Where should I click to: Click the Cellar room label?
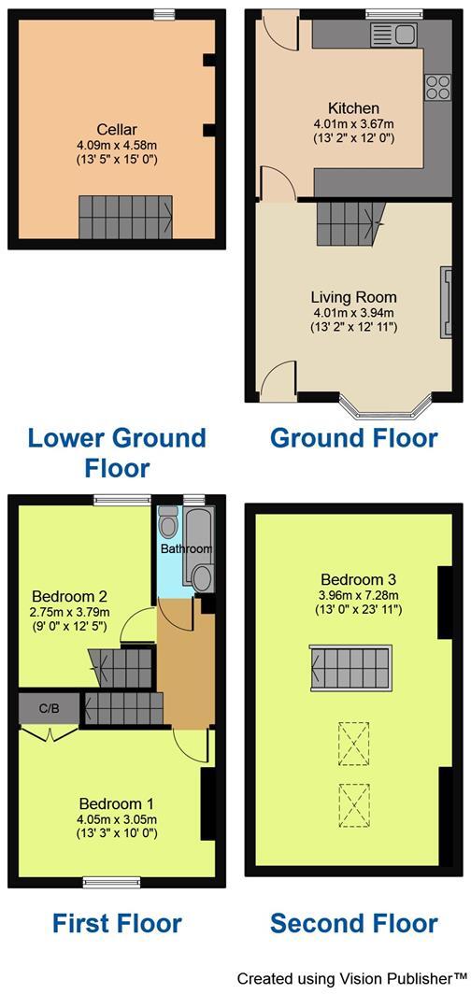(117, 130)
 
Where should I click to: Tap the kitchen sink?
(393, 35)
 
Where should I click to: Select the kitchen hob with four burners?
(436, 88)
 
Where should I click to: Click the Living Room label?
(353, 297)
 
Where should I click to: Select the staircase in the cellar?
(126, 216)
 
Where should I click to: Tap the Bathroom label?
(186, 548)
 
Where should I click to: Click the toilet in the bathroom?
(168, 520)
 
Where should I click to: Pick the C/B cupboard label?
(49, 708)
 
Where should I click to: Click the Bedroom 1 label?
(116, 803)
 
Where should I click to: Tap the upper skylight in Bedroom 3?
(353, 743)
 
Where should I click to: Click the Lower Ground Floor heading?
(117, 451)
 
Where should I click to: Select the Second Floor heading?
(353, 923)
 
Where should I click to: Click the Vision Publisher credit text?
(351, 978)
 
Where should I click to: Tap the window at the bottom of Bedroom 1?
(111, 882)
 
